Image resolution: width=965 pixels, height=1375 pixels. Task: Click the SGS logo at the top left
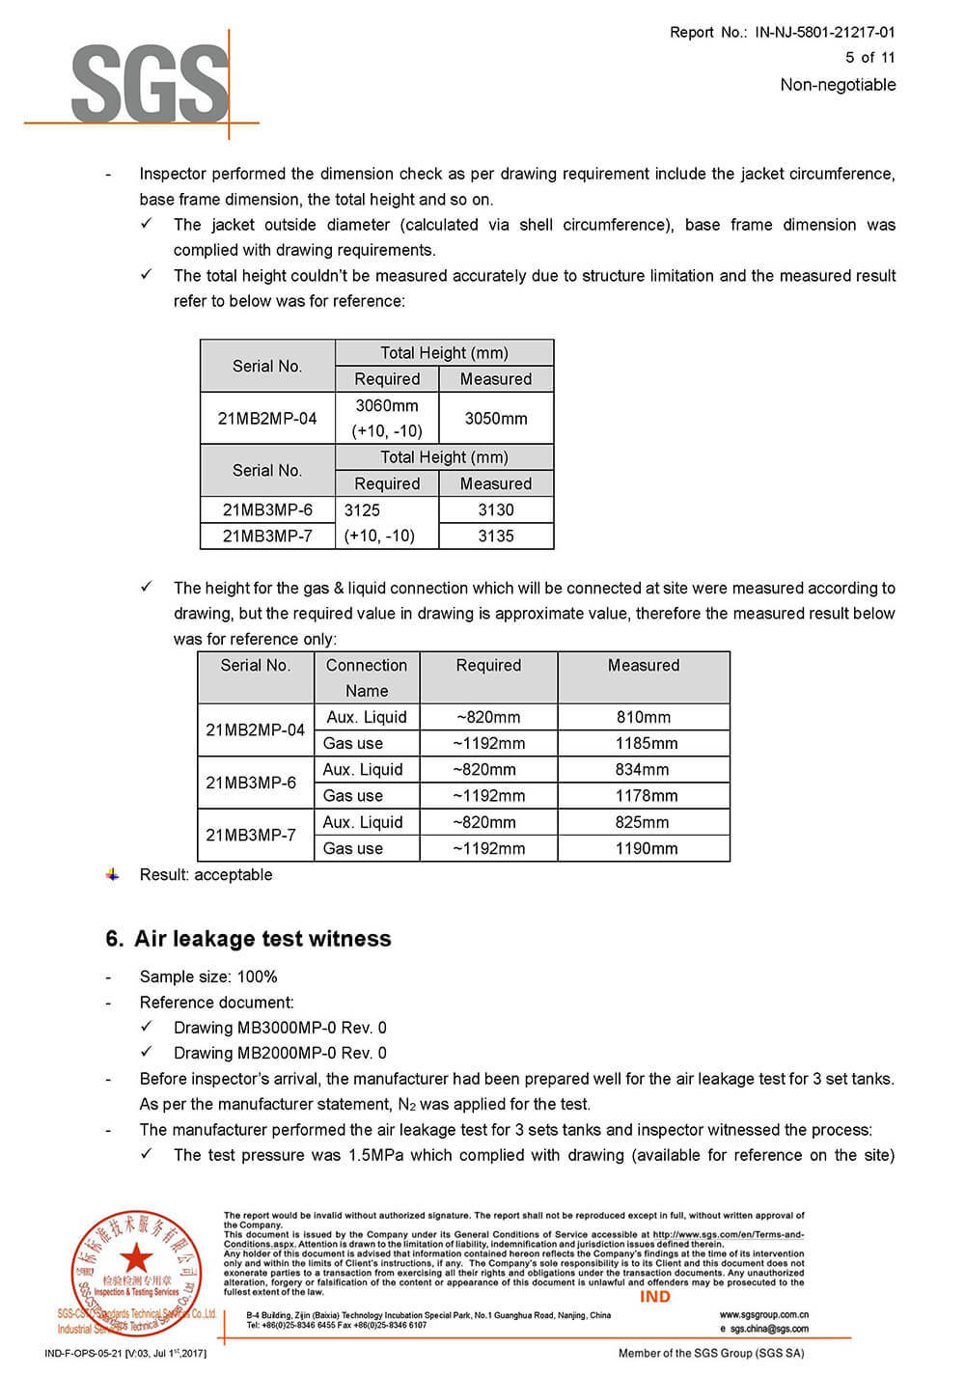[150, 83]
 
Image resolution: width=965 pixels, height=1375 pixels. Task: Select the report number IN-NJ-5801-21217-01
[824, 32]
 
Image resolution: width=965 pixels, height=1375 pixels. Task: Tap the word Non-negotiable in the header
[838, 85]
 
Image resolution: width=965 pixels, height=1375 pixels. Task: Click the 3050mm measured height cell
[496, 419]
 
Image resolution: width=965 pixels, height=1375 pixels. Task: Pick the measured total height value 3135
[496, 536]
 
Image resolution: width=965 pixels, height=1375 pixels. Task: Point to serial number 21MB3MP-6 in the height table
[267, 510]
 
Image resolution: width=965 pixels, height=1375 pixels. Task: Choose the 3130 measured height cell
[496, 510]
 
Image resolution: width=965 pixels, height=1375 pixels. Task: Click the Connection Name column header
[367, 677]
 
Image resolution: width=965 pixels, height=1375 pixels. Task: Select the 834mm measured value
[643, 770]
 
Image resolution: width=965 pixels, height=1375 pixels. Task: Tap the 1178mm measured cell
[646, 796]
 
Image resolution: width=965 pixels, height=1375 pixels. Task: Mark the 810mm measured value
[644, 718]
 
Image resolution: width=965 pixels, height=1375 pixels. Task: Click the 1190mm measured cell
[646, 849]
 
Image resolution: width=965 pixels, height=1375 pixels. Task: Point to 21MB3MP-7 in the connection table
[251, 835]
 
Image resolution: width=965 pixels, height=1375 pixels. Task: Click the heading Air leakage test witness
[262, 939]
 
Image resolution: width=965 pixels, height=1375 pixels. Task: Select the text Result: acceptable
[206, 875]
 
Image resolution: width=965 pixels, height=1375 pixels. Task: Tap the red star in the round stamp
[136, 1257]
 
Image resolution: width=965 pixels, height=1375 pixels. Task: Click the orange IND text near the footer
[655, 1297]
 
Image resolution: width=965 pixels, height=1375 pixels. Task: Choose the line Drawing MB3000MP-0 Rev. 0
[280, 1028]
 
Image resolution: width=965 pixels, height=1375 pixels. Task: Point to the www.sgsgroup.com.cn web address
[764, 1314]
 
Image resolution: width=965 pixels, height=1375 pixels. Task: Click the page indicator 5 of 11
[869, 58]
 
